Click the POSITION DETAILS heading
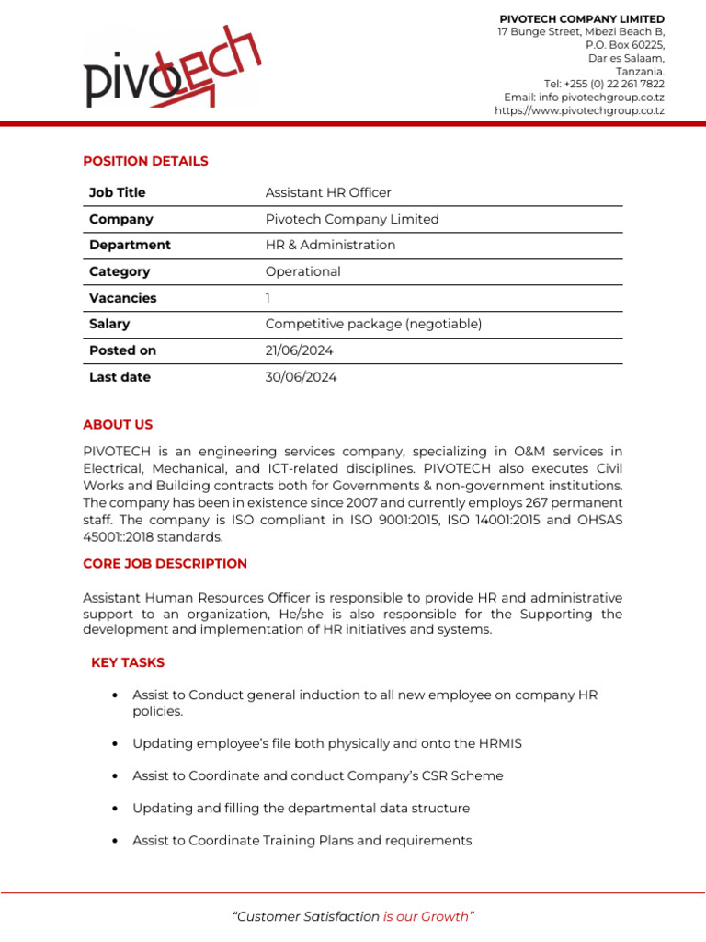pos(145,161)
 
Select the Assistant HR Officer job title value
pos(328,192)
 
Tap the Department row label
pos(130,245)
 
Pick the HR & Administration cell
pos(330,245)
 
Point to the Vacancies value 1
pos(268,298)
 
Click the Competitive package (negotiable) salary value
pos(373,324)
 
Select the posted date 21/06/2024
pos(300,350)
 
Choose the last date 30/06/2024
pos(301,377)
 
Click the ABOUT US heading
pos(118,425)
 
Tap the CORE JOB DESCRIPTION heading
pos(165,563)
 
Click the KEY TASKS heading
pos(128,662)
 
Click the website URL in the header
pos(579,110)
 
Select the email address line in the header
pos(584,98)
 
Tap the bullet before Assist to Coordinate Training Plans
pos(114,841)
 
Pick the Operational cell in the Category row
pos(302,271)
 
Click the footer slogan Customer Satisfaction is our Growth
pos(353,916)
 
